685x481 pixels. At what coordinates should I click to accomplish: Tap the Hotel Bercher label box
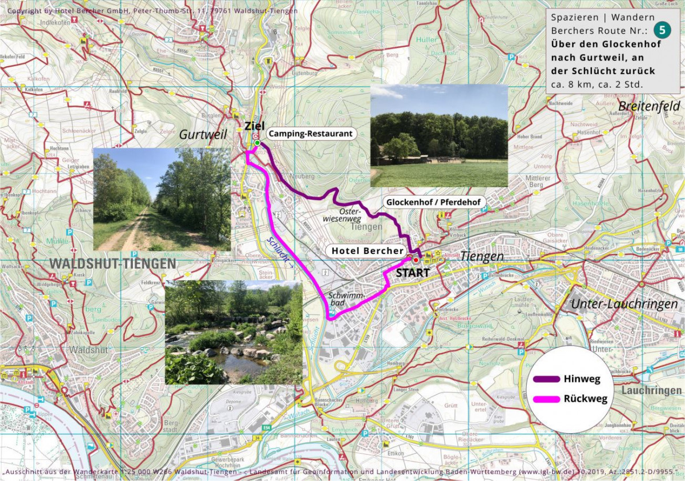(366, 250)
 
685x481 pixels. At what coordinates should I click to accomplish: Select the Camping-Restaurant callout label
(310, 134)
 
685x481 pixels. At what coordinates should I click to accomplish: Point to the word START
(412, 273)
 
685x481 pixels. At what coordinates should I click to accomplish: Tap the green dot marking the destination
(257, 143)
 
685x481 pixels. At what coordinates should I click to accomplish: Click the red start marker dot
(415, 260)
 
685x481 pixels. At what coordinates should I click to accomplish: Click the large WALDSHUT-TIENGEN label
(113, 264)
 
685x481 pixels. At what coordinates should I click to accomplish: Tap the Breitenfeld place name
(649, 106)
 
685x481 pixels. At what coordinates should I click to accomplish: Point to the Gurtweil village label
(203, 135)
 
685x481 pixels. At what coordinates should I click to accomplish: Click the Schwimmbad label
(342, 300)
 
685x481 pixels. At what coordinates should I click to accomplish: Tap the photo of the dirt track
(162, 200)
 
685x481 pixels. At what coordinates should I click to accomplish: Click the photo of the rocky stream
(233, 332)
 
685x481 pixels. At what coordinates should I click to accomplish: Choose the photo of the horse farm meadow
(438, 136)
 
